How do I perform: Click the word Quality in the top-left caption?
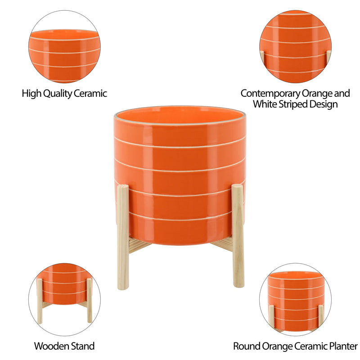57,94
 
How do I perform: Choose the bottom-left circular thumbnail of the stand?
64,299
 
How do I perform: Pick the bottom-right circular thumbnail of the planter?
295,299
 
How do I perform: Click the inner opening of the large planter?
180,115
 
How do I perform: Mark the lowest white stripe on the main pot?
180,220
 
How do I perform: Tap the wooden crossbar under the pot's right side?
223,246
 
